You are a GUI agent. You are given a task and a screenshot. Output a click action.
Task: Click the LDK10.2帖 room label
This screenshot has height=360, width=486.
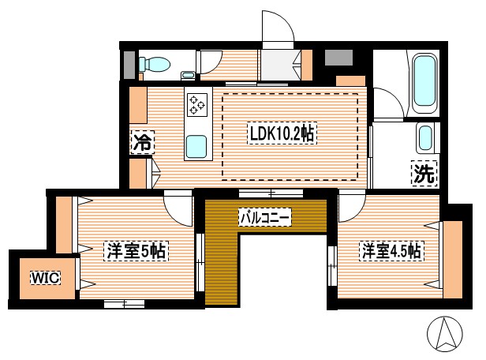[282, 134]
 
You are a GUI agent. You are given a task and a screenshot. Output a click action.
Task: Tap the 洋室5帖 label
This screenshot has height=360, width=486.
[135, 252]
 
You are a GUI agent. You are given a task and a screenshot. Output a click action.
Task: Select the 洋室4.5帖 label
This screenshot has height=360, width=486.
[391, 252]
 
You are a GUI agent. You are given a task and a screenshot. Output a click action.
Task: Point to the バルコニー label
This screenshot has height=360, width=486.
[265, 215]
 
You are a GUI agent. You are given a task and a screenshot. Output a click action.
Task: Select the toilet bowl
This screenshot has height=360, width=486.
[155, 63]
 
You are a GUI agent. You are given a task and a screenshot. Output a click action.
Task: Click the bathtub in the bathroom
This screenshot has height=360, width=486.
[425, 81]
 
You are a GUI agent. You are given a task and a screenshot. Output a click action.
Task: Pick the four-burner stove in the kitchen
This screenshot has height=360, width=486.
[196, 103]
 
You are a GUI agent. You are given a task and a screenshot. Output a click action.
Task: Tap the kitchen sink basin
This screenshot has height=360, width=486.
[196, 146]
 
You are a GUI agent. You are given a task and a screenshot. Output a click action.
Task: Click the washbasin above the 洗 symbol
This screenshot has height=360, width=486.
[425, 138]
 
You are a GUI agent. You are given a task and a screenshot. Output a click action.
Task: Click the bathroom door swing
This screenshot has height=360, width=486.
[387, 104]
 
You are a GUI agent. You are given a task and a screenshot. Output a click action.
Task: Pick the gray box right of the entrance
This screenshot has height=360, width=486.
[338, 58]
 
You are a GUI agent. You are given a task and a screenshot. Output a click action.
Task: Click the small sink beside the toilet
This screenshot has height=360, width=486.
[187, 75]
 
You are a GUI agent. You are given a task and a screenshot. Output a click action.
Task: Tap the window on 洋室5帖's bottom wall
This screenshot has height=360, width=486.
[124, 302]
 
